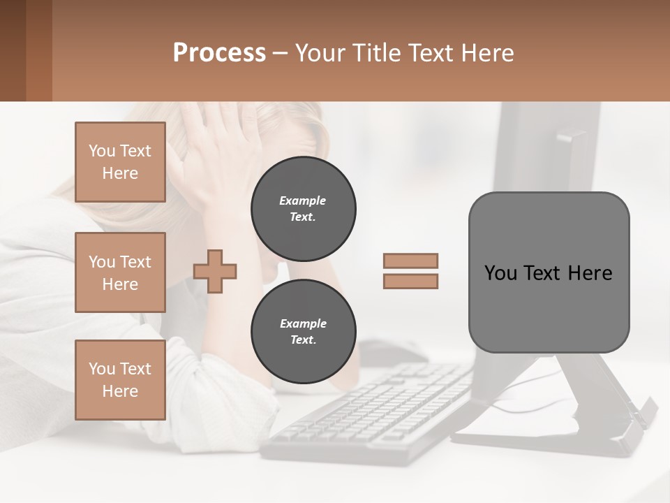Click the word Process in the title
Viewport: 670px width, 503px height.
click(x=219, y=53)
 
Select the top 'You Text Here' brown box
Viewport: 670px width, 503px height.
click(x=120, y=162)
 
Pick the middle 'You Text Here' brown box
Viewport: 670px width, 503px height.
click(x=120, y=272)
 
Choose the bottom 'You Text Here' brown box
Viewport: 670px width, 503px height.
click(x=120, y=379)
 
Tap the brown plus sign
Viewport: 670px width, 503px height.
click(x=215, y=271)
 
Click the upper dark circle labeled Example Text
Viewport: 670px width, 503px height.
click(x=303, y=209)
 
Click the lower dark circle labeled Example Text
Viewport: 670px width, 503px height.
click(x=303, y=332)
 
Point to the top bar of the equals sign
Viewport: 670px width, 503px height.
click(x=410, y=261)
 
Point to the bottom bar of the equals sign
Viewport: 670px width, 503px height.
click(x=410, y=281)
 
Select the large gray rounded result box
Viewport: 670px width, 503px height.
click(x=549, y=272)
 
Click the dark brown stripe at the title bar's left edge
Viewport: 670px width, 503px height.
click(x=13, y=50)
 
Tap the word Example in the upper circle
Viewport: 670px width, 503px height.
click(x=303, y=201)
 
